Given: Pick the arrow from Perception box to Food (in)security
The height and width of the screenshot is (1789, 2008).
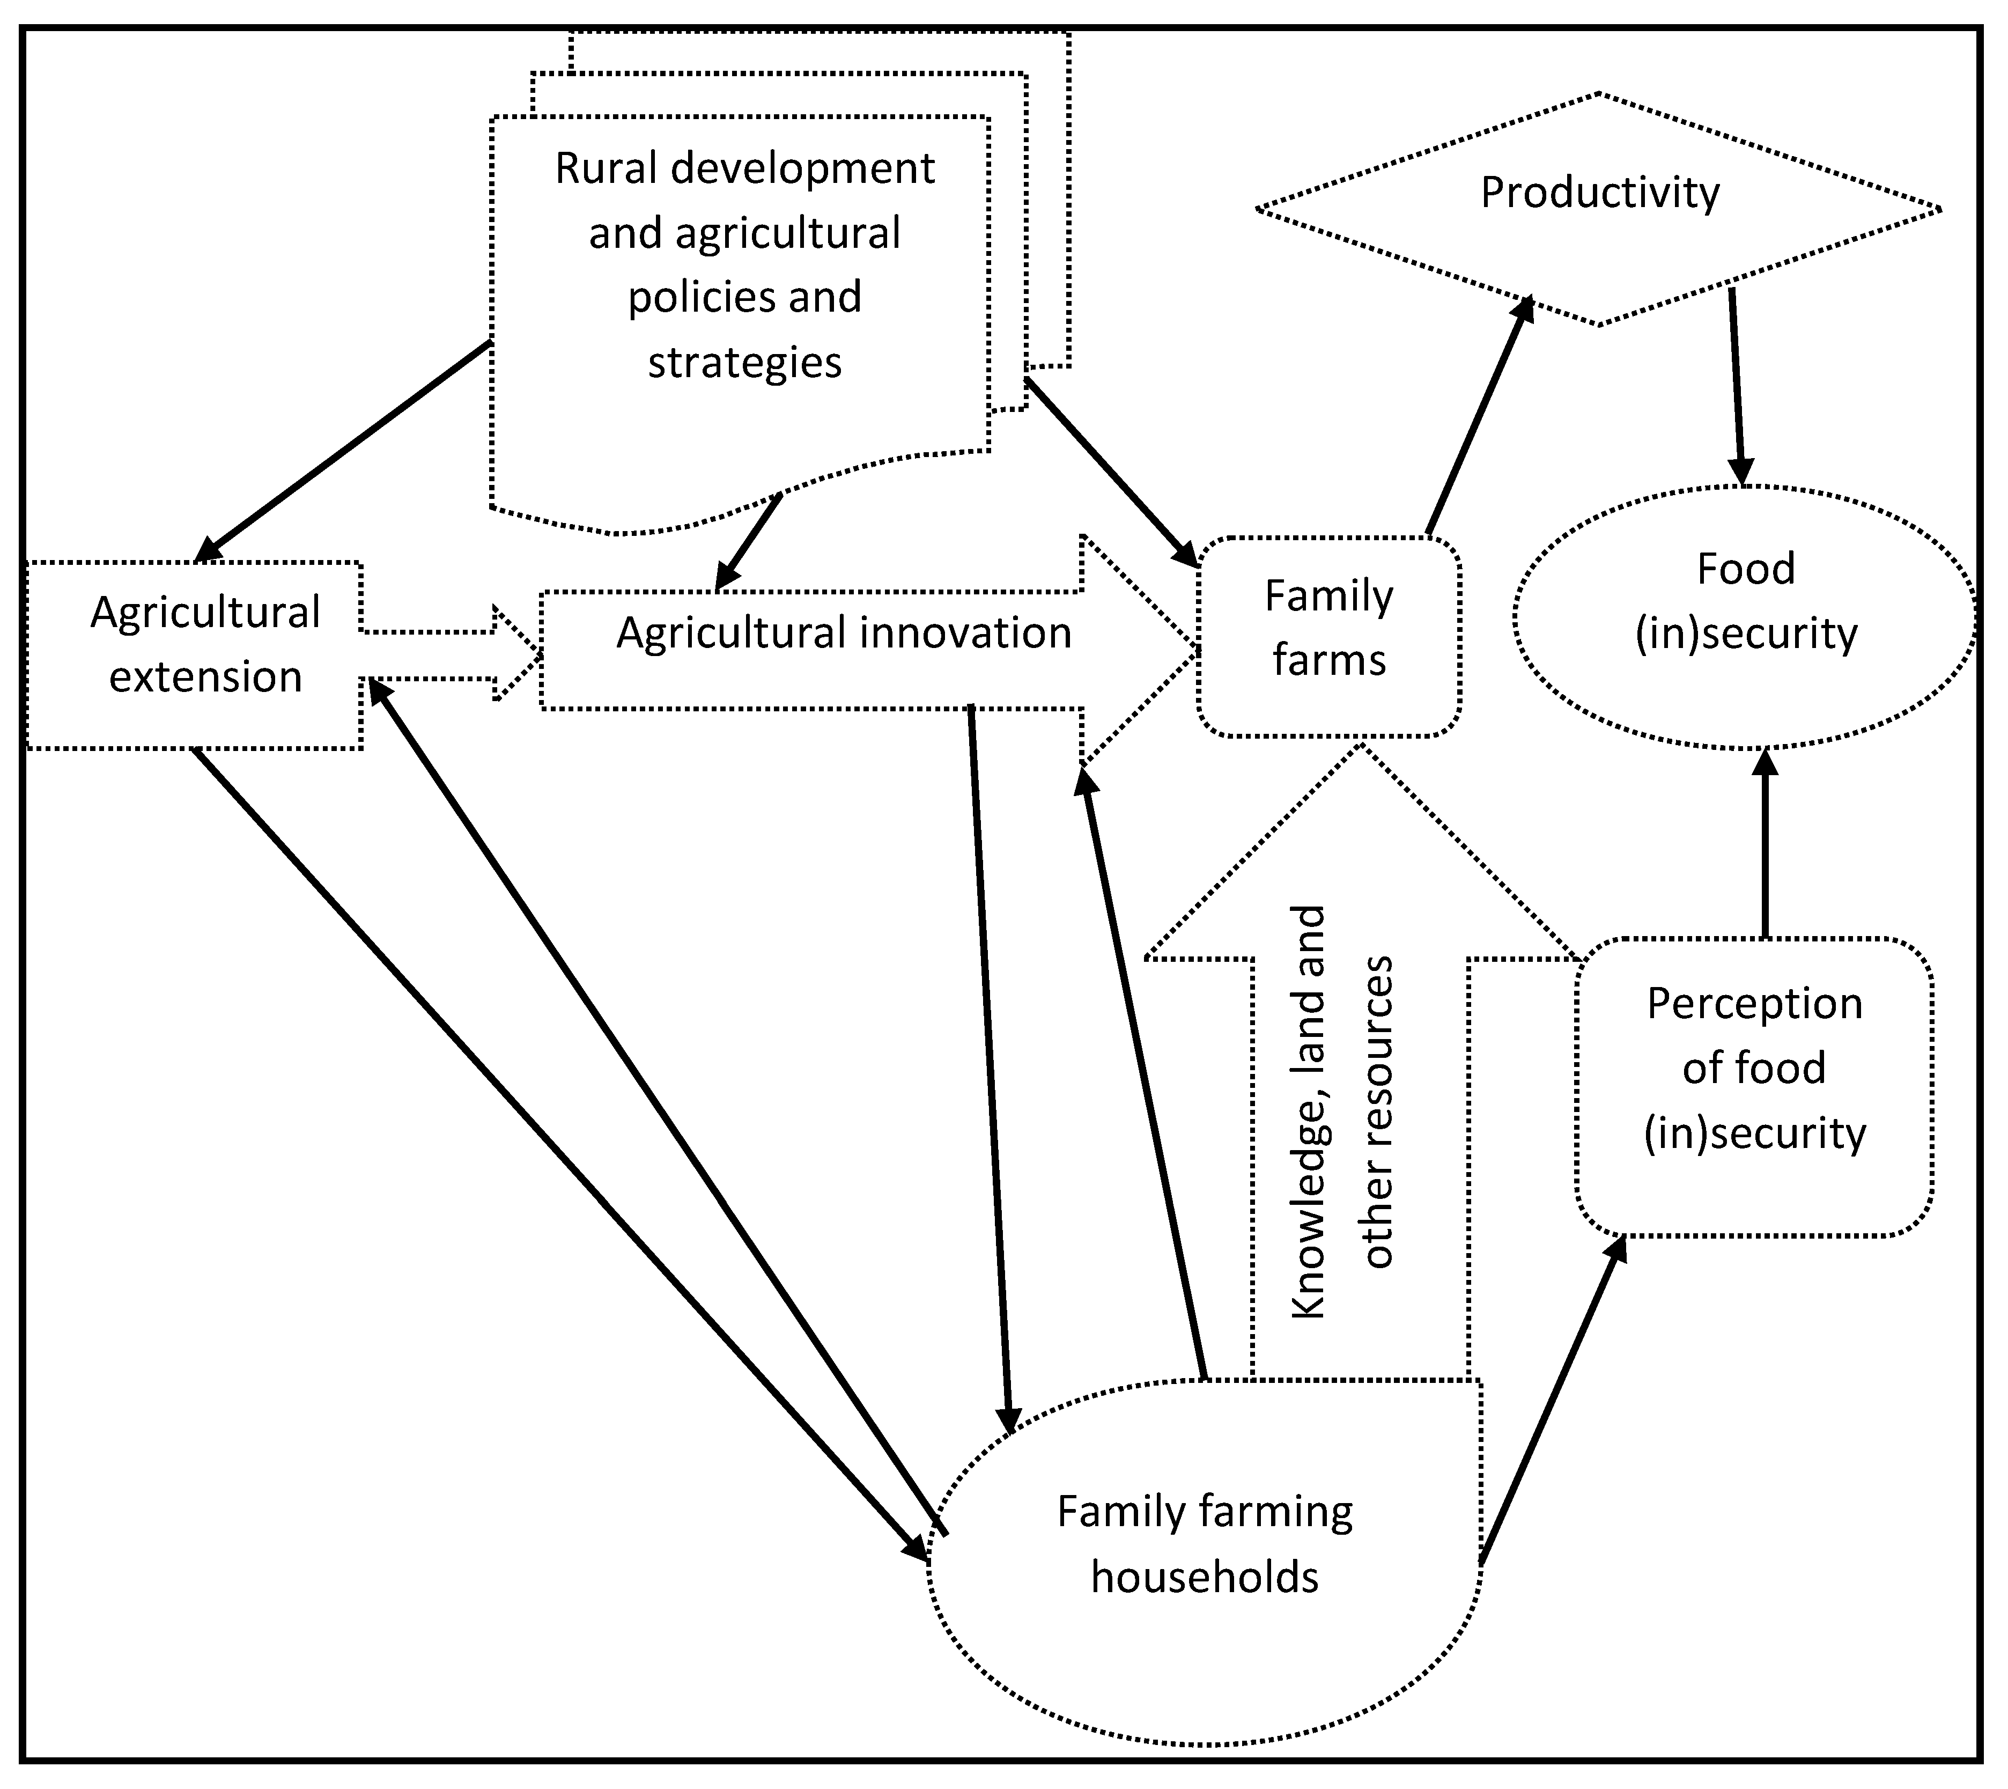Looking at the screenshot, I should pyautogui.click(x=1765, y=845).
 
